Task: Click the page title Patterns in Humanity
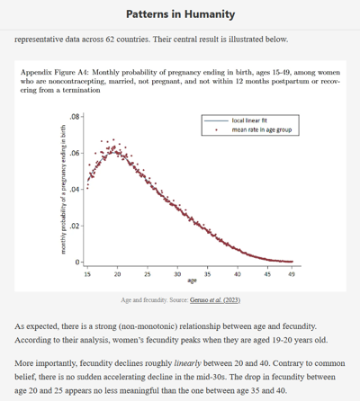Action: (180, 14)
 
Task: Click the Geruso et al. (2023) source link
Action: (215, 299)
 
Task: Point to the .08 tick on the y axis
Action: (75, 117)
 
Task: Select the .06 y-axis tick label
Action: (75, 153)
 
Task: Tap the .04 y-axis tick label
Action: (75, 190)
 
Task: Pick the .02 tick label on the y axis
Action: (75, 226)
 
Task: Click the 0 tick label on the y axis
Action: (77, 263)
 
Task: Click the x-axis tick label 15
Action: (87, 274)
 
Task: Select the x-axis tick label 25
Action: (148, 274)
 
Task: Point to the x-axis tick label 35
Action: (207, 274)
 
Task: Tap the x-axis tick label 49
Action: (292, 274)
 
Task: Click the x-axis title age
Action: (192, 281)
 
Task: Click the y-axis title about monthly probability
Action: (63, 190)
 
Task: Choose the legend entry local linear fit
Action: (249, 120)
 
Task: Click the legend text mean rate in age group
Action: (262, 129)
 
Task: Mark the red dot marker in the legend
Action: (216, 129)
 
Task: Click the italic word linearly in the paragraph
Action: (187, 363)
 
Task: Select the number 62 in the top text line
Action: (110, 40)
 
